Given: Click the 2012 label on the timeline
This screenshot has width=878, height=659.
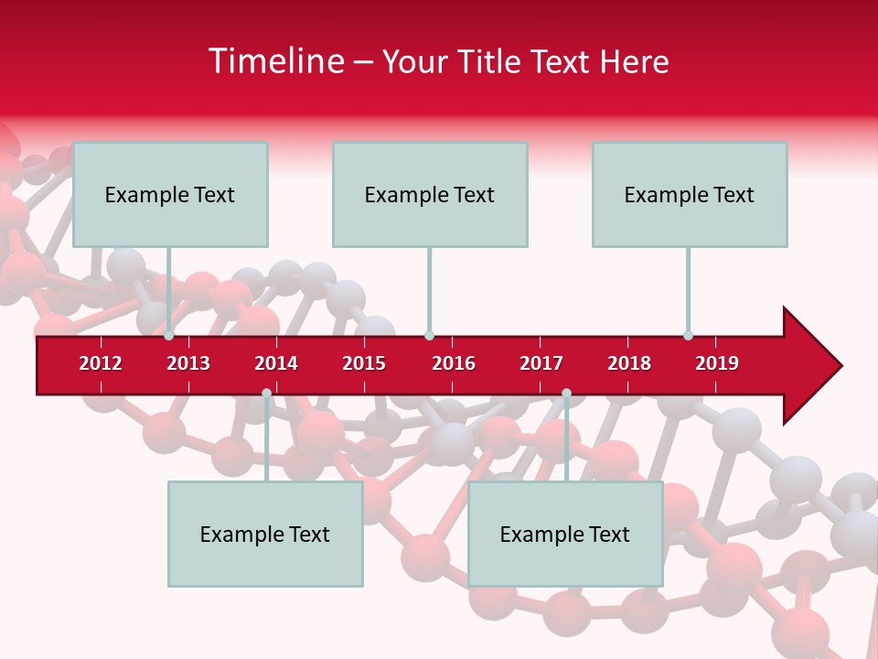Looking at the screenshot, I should pos(101,363).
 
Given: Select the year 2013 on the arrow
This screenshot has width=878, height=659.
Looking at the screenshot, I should pos(188,363).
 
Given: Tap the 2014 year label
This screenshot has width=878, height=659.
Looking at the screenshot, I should pos(276,363).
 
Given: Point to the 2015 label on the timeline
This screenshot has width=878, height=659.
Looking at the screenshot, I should pos(364,363).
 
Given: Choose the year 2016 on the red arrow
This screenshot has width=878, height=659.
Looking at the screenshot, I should pos(454,363).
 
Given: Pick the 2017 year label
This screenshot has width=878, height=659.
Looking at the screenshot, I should pos(541,363).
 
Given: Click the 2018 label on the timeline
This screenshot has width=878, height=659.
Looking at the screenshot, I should pos(629,363).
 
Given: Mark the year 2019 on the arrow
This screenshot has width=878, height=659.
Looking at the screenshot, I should pos(717,363).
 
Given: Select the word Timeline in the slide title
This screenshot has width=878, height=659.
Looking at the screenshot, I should pos(274,61).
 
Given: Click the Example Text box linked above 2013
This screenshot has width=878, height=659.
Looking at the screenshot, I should pos(170,194).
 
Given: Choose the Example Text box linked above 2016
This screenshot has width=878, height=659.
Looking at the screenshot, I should pos(430,194).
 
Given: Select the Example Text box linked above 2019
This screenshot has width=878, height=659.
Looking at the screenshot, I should pos(690,194).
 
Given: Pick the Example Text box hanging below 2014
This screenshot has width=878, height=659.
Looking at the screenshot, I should pos(265,534).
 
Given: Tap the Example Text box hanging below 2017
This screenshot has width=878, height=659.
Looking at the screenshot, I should pos(565,534).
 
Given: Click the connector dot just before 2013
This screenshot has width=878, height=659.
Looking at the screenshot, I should pos(169,336).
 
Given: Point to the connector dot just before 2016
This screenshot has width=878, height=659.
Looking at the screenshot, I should pos(429,336).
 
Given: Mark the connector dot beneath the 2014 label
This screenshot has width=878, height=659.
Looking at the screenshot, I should pos(266,393).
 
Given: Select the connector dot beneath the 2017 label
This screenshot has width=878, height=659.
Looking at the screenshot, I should pos(566,393).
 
